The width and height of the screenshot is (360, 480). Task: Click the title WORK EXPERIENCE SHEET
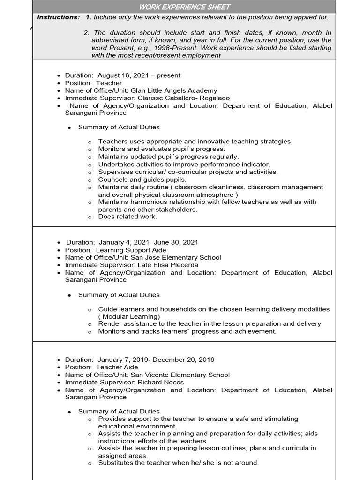click(184, 7)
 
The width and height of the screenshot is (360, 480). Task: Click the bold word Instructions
click(59, 17)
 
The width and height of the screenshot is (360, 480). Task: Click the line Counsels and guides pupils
click(142, 180)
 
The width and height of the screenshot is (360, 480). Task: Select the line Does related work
click(127, 217)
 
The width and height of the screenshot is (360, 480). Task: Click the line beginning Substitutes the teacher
click(178, 463)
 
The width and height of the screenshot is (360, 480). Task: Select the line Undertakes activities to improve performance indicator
click(184, 165)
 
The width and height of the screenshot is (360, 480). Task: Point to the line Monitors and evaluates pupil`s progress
click(161, 149)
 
